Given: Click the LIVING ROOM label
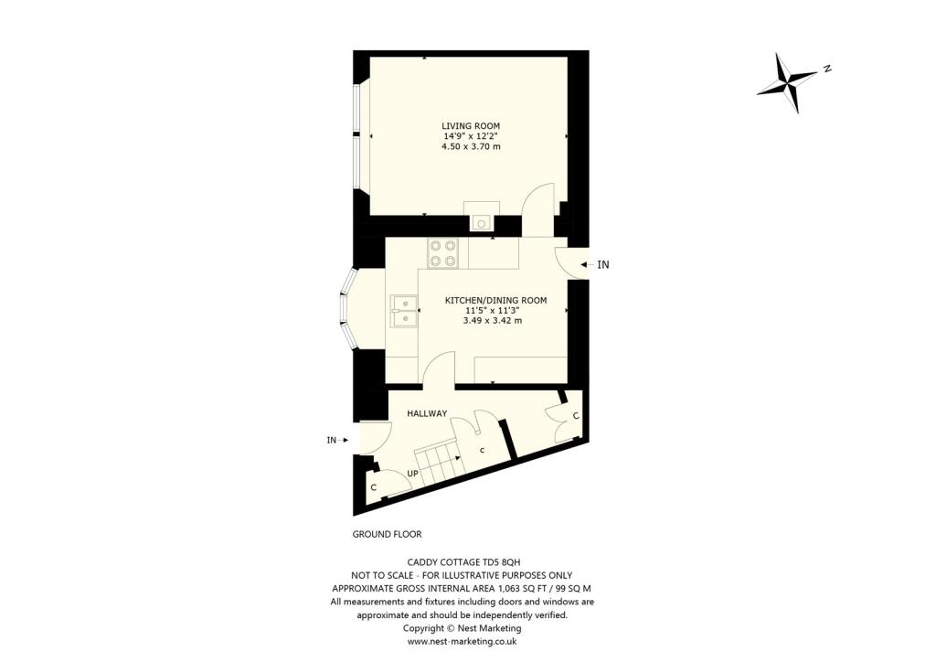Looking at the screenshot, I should pyautogui.click(x=471, y=126).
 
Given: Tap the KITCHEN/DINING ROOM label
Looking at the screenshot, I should pyautogui.click(x=495, y=300).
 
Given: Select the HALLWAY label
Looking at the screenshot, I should pyautogui.click(x=427, y=413).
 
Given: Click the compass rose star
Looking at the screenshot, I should pyautogui.click(x=786, y=82).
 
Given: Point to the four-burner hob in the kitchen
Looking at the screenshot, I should pyautogui.click(x=443, y=252).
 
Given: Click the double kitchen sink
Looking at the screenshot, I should pyautogui.click(x=403, y=310).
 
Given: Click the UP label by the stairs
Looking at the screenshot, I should pyautogui.click(x=412, y=474).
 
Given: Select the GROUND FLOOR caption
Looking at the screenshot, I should pyautogui.click(x=387, y=534).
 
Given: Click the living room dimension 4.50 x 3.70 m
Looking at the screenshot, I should pyautogui.click(x=471, y=146).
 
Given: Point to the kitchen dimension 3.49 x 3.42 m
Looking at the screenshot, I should pyautogui.click(x=493, y=320).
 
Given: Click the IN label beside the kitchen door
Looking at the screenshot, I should pyautogui.click(x=602, y=264).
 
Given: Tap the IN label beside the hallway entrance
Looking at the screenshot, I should pyautogui.click(x=333, y=440).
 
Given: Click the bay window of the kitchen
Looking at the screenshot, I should pyautogui.click(x=348, y=310).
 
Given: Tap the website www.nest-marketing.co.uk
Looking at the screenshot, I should pyautogui.click(x=463, y=642).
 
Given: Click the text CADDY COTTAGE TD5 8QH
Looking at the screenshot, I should pyautogui.click(x=463, y=562).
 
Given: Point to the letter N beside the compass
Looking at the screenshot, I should pyautogui.click(x=826, y=69).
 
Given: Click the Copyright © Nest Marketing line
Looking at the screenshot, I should pyautogui.click(x=463, y=628).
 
